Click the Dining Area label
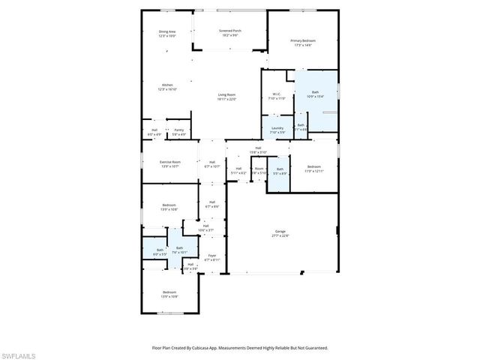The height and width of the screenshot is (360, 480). point(166,31)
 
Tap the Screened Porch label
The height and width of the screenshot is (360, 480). point(229,31)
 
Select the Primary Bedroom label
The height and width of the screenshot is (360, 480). point(302,40)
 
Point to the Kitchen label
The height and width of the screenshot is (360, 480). point(167,85)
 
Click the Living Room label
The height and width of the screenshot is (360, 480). point(226,94)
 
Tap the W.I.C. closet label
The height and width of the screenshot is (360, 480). point(277,94)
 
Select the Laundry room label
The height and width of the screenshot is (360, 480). point(277,128)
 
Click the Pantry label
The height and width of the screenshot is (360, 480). point(178,130)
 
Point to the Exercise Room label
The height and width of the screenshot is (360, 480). point(169,161)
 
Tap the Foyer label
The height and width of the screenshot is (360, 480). point(212,255)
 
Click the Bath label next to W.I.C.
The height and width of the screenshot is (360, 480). point(314,91)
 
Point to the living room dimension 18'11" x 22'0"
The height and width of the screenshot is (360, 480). point(226,99)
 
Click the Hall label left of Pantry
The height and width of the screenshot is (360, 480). point(154,130)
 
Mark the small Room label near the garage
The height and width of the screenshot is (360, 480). point(259,169)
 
